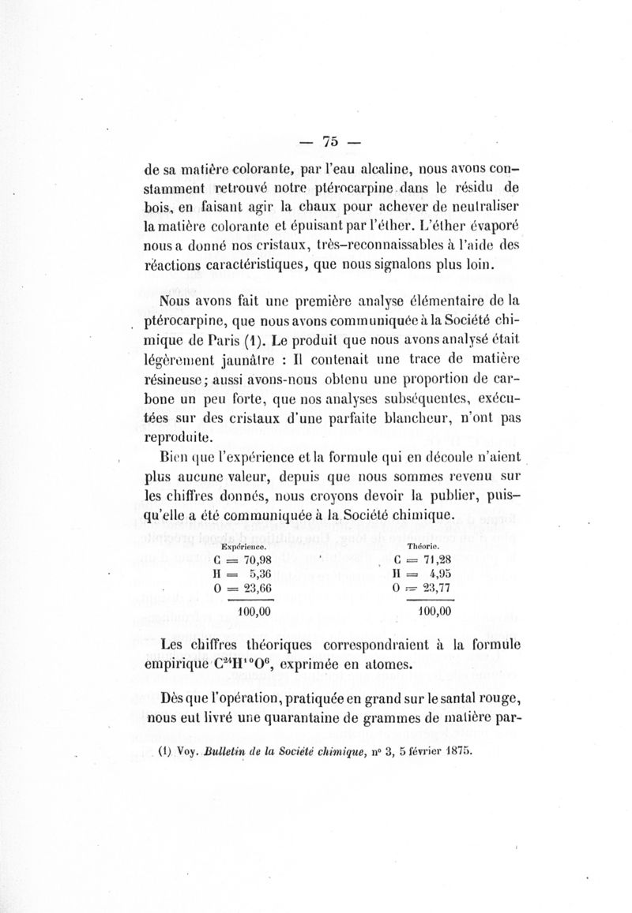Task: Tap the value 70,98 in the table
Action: (258, 561)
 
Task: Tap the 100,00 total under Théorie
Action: (434, 611)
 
